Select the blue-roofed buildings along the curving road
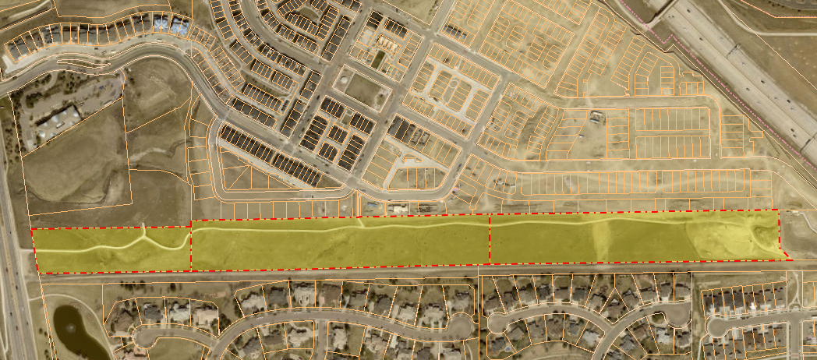coord(171,26)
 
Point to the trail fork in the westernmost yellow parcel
coord(145,235)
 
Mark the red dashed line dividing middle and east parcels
coord(489,240)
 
